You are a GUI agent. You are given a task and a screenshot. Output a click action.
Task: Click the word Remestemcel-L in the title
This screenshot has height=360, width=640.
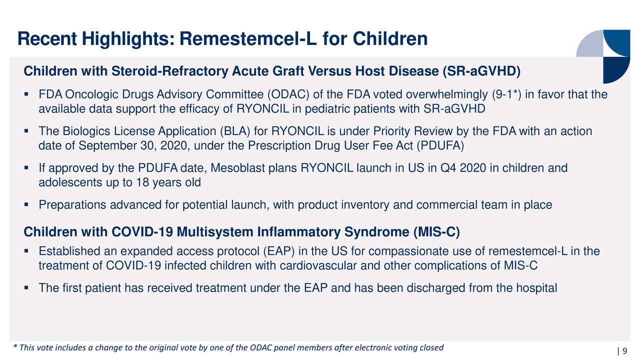click(248, 38)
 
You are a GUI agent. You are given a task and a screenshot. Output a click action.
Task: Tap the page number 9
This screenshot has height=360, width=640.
click(624, 351)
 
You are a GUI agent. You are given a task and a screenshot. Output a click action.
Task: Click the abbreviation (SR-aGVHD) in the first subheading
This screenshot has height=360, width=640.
click(481, 71)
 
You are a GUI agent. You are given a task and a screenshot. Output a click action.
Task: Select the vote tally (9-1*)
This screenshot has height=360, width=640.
click(506, 94)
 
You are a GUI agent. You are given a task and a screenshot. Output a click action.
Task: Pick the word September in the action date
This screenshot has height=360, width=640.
click(107, 145)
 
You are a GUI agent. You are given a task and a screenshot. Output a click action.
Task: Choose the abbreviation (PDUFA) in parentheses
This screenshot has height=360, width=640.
click(440, 145)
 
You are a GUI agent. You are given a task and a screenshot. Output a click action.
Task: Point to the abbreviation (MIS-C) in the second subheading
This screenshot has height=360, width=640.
click(436, 231)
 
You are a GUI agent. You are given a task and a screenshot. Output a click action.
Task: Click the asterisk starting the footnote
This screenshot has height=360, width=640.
click(15, 346)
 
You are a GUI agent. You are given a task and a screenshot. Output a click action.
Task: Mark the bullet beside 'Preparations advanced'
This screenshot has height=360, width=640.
click(26, 204)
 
